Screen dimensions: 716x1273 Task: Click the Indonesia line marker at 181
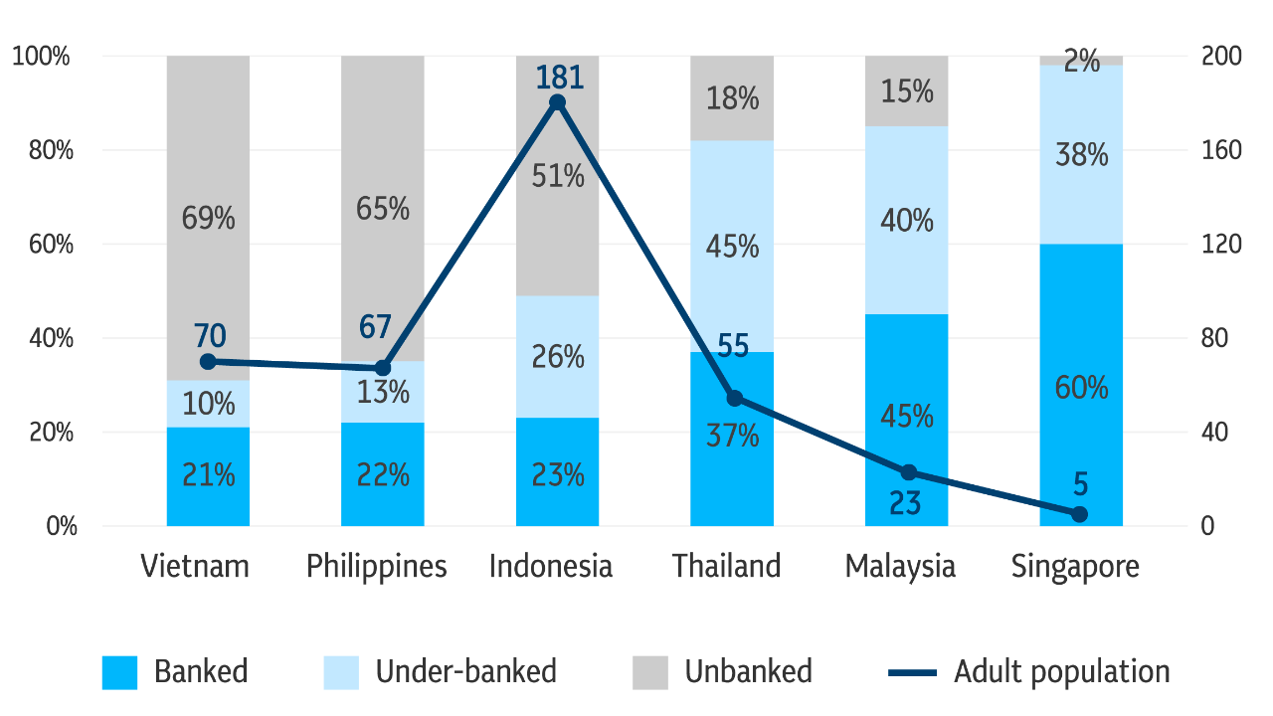point(557,102)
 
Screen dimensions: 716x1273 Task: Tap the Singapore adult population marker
point(1080,514)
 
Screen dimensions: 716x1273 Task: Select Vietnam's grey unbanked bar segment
point(208,149)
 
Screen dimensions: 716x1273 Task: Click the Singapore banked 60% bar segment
point(1081,438)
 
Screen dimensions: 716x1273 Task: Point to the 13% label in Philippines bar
point(383,393)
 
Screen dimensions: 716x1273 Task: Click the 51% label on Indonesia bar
point(558,177)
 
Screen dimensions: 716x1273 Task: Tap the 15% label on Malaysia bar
point(907,92)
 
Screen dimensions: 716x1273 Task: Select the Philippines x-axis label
point(377,567)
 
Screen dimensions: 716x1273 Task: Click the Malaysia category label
point(900,567)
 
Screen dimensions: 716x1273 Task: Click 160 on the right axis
point(1221,151)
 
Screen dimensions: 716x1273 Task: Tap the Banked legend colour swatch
point(119,672)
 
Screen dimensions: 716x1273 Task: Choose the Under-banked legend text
point(465,672)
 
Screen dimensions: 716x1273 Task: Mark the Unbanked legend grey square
point(650,672)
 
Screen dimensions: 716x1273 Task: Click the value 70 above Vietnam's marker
point(210,335)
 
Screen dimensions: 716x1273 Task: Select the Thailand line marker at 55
point(734,398)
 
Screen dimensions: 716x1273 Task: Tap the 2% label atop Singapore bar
point(1081,62)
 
